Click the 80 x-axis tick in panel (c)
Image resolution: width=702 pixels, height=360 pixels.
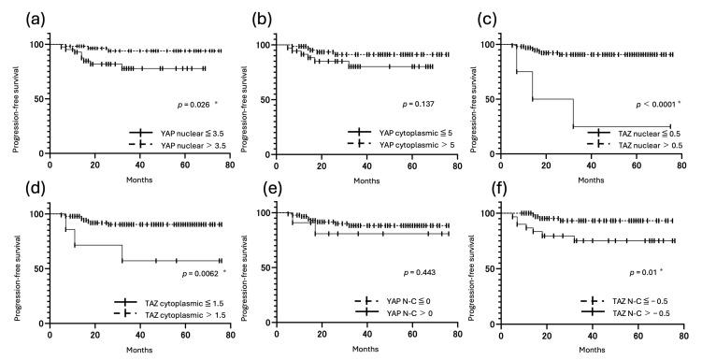coord(681,165)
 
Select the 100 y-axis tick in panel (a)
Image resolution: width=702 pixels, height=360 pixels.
coord(36,45)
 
